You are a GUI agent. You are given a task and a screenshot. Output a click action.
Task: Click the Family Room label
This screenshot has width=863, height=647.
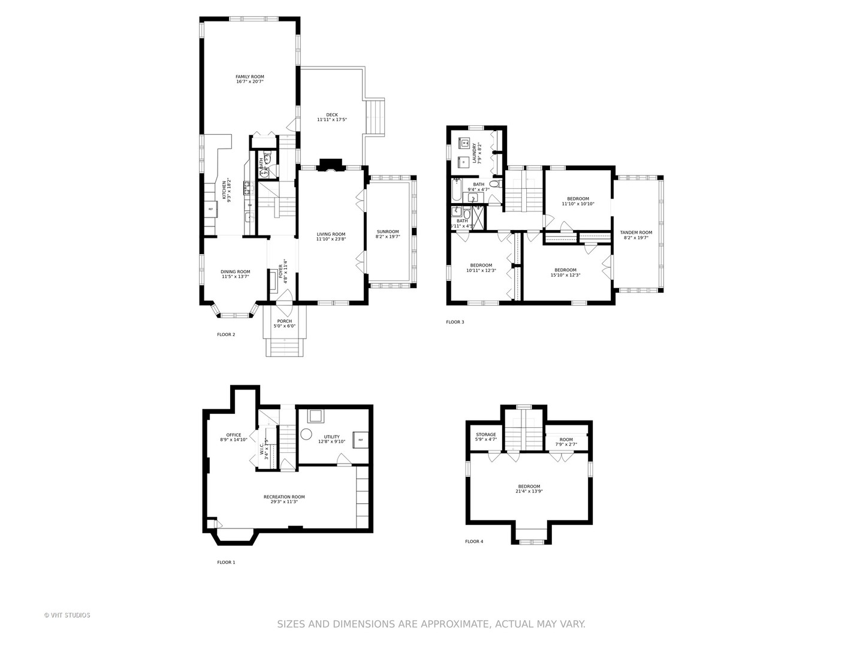[249, 77]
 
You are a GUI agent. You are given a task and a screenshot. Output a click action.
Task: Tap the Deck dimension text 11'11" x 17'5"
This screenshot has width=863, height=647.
[332, 120]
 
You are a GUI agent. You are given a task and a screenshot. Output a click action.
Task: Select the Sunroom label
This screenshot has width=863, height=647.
[388, 232]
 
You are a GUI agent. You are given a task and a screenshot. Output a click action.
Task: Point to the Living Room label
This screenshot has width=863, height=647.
[331, 234]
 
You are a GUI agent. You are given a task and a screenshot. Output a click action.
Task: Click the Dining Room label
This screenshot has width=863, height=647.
[236, 271]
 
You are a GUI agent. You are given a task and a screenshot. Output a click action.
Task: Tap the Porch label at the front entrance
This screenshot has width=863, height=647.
[285, 321]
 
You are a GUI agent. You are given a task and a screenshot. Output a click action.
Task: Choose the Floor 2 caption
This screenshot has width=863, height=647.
[226, 334]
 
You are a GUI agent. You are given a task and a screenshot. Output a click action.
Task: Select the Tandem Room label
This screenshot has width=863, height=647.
[636, 232]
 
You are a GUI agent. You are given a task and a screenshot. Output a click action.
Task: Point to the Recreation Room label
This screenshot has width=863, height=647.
[284, 497]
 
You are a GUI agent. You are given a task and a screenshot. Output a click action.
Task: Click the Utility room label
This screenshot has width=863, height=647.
[331, 437]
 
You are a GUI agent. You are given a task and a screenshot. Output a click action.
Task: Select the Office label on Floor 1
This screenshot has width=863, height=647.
[234, 435]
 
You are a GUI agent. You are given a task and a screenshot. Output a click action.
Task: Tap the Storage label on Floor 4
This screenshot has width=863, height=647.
[486, 434]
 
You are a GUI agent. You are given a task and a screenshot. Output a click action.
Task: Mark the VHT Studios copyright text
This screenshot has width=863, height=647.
[67, 615]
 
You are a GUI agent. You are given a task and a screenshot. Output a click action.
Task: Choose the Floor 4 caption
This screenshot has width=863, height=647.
[474, 542]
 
